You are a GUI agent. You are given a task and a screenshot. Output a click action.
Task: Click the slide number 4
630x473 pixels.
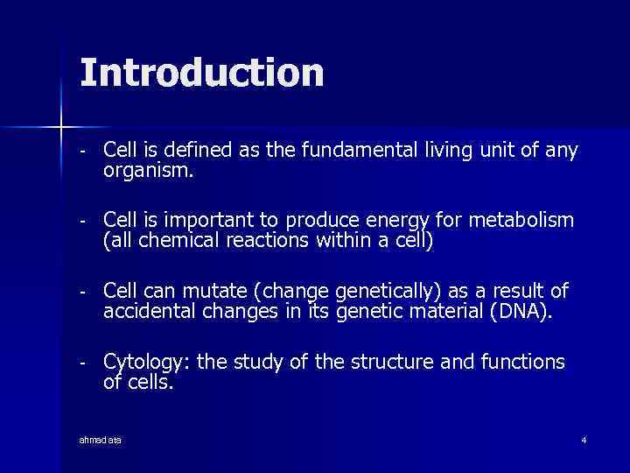pyautogui.click(x=584, y=439)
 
